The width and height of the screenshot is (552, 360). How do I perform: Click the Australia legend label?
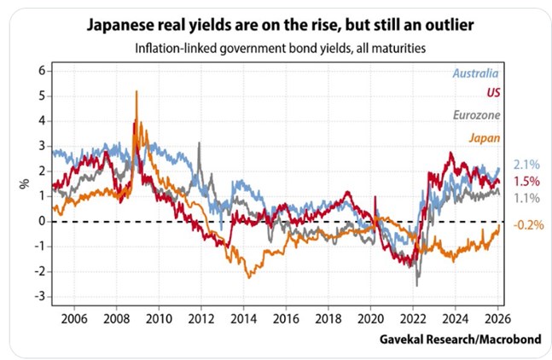[x=471, y=74]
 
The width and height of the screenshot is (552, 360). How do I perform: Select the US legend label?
[x=490, y=93]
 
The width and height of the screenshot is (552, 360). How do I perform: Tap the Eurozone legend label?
[x=471, y=114]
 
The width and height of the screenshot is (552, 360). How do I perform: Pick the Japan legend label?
[x=483, y=136]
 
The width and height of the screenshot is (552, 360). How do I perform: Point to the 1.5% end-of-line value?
[x=525, y=182]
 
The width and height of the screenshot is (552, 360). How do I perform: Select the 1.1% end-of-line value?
[x=525, y=198]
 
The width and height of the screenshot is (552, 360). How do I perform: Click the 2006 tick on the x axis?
[x=73, y=314]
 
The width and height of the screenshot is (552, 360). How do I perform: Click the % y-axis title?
[x=23, y=183]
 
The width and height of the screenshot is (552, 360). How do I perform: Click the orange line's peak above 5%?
[x=137, y=91]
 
